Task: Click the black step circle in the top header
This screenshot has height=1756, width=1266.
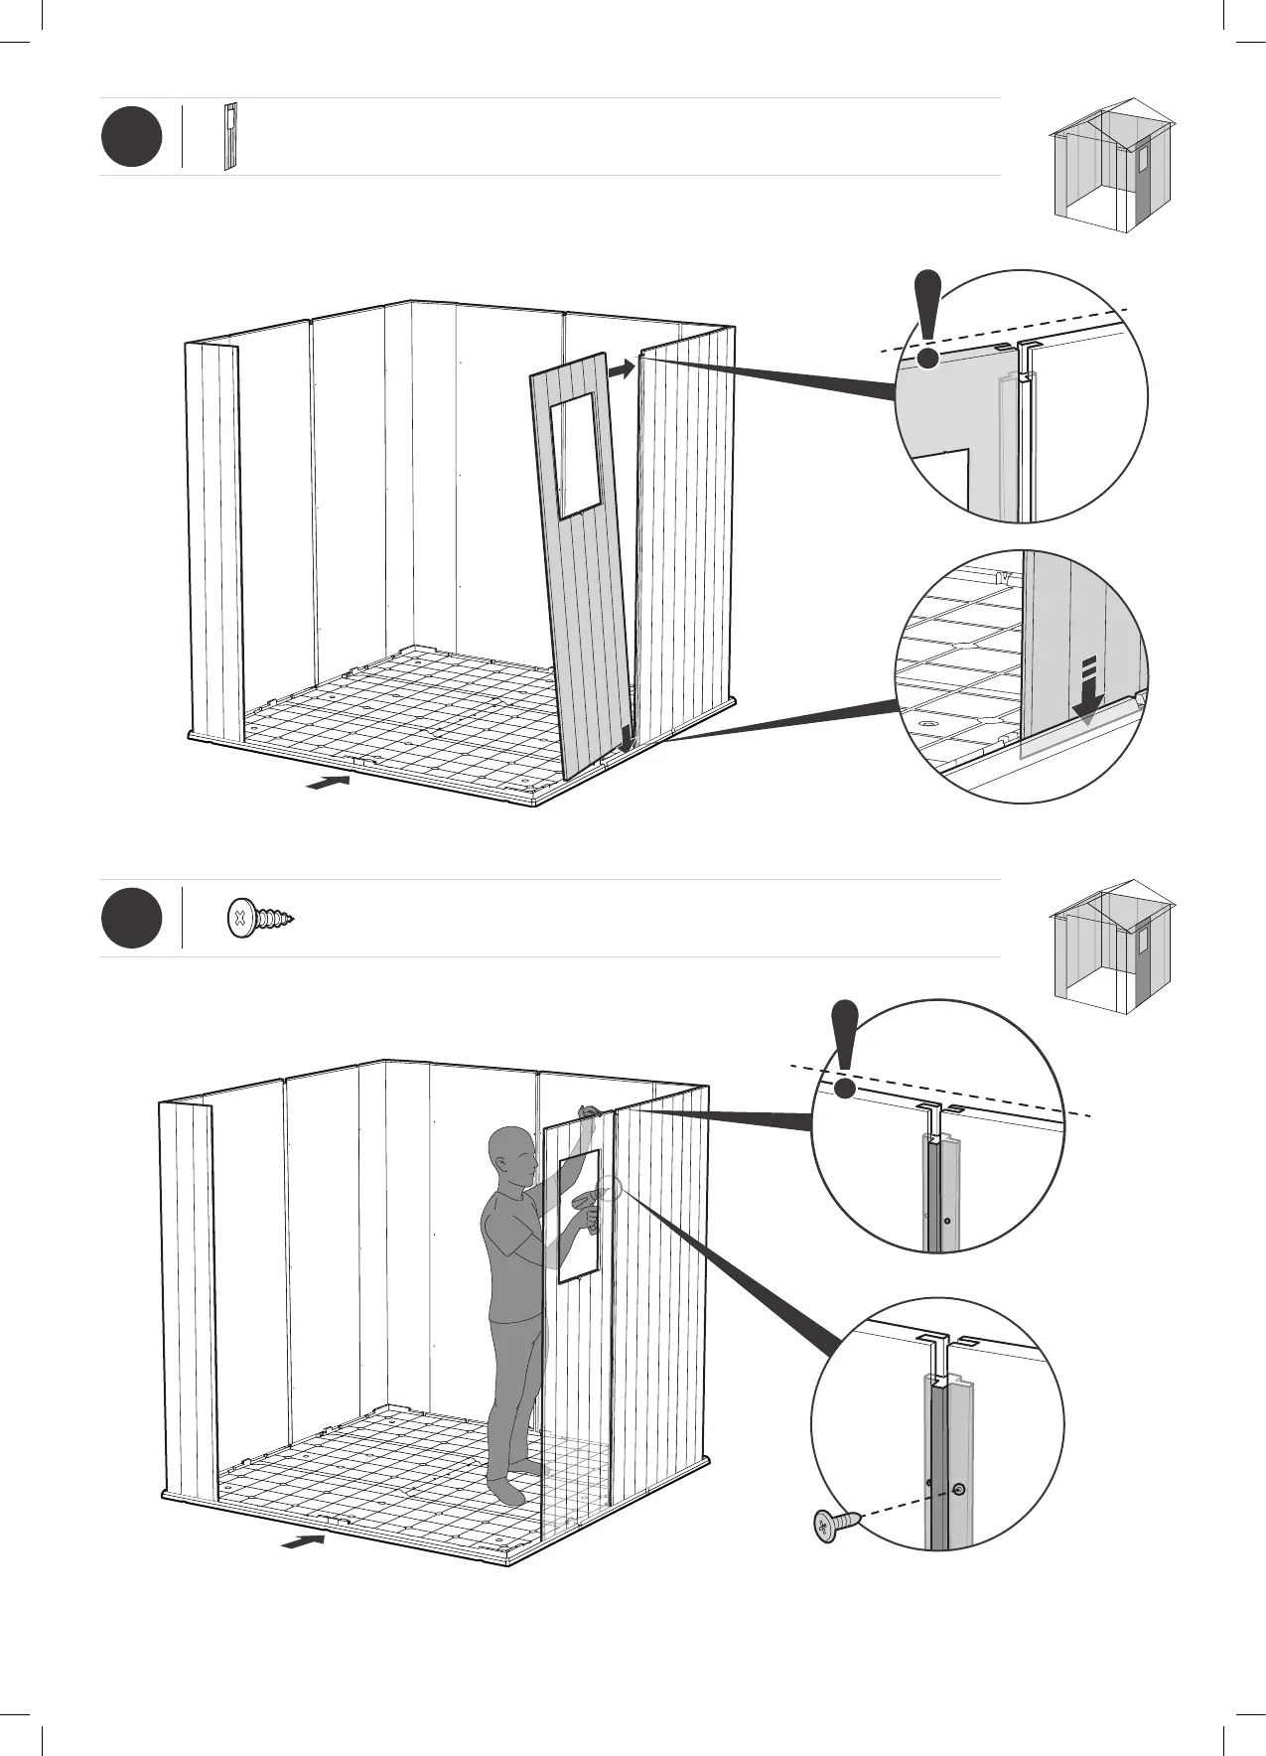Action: [131, 137]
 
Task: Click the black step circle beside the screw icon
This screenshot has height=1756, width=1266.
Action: [131, 919]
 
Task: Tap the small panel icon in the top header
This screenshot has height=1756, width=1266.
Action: [230, 136]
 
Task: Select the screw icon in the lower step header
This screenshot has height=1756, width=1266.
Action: [261, 918]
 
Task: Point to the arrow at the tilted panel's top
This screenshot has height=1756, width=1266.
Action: [622, 368]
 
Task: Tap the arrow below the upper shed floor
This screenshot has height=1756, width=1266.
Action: [329, 783]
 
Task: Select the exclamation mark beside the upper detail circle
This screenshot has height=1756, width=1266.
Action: [928, 320]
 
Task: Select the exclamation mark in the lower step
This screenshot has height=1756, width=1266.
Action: [845, 1050]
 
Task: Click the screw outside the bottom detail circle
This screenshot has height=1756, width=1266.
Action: [833, 1552]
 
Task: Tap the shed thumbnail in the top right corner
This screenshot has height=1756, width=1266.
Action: [1112, 165]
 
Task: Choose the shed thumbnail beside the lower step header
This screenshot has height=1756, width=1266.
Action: [1112, 946]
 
